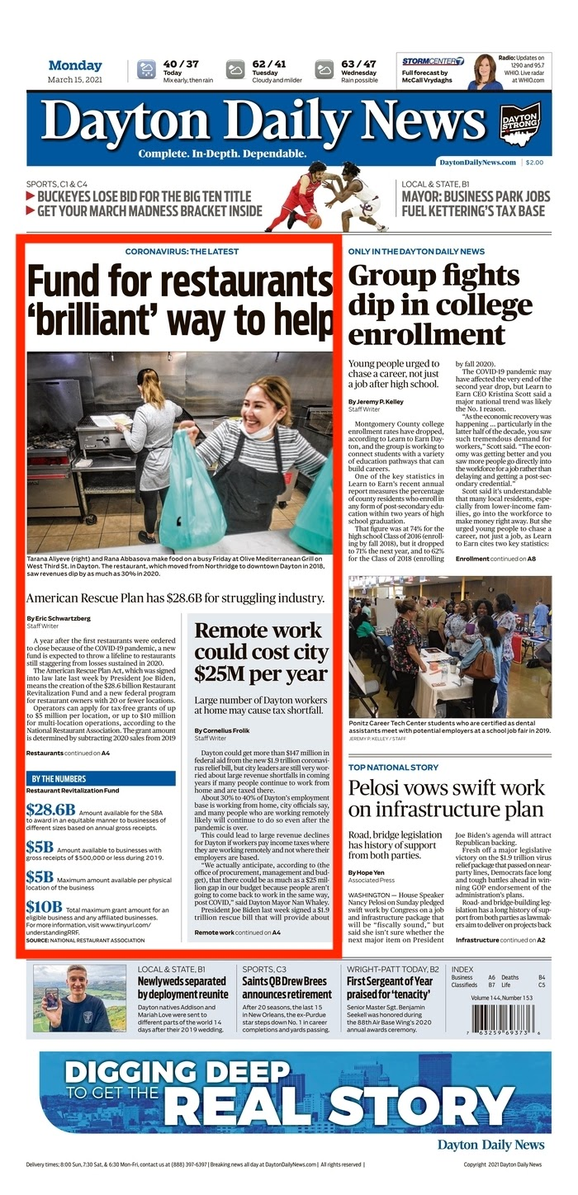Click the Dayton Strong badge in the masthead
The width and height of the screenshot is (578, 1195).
coord(521,124)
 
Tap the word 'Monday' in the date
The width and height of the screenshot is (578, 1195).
coord(75,65)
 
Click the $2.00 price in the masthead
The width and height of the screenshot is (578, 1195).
coord(534,163)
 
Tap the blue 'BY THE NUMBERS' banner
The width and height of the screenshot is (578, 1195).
coord(101,778)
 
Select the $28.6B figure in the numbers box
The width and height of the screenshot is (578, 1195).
coord(50,810)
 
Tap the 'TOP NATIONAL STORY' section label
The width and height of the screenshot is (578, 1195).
coord(393,768)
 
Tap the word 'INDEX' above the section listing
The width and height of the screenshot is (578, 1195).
coord(463,969)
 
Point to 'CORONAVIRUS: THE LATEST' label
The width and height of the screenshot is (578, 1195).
coord(182,251)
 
